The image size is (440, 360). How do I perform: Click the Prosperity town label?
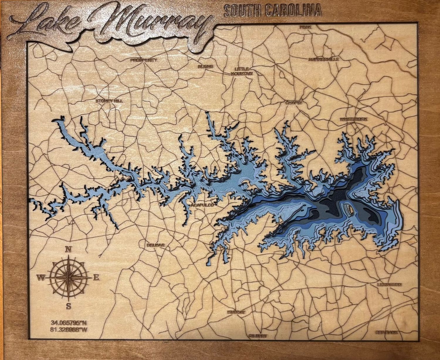click(x=144, y=60)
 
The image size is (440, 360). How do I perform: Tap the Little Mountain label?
click(x=243, y=71)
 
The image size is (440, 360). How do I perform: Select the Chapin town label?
click(x=294, y=103)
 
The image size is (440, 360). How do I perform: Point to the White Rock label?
click(x=353, y=120)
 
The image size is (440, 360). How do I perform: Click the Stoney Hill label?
click(x=109, y=101)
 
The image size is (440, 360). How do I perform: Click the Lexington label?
click(x=390, y=285)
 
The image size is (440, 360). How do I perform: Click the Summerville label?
click(x=324, y=59)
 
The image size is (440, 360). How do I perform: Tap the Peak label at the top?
click(x=303, y=27)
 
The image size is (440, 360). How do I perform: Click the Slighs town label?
click(x=205, y=67)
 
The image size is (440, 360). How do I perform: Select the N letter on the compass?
click(x=68, y=250)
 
